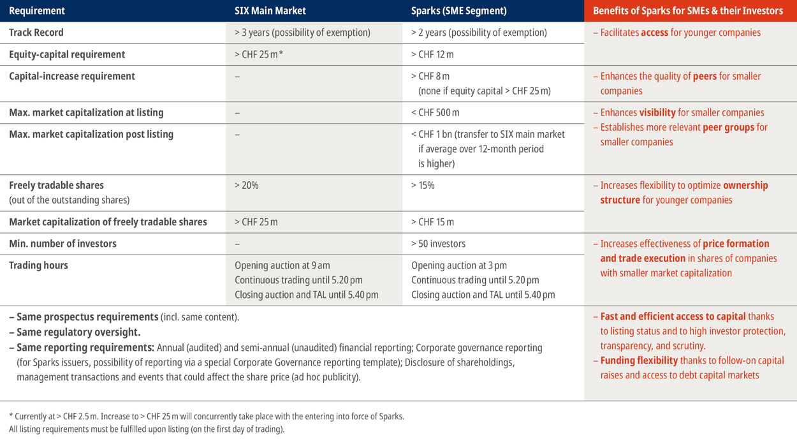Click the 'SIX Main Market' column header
click(x=270, y=11)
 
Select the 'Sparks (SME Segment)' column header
click(x=459, y=11)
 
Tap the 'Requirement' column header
click(x=37, y=11)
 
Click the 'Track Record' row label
click(x=36, y=33)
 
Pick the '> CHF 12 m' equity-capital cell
click(x=432, y=54)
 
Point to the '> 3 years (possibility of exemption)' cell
click(x=302, y=33)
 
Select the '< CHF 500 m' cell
click(x=435, y=112)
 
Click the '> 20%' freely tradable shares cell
click(x=246, y=185)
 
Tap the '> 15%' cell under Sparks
click(x=423, y=185)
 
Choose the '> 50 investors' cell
click(x=439, y=244)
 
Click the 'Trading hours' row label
click(x=38, y=265)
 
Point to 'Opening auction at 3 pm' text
click(x=459, y=265)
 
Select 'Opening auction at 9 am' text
click(x=282, y=265)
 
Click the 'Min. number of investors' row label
click(x=62, y=244)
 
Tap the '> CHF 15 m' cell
click(x=432, y=222)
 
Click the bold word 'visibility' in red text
click(x=657, y=112)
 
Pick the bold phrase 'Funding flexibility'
click(x=639, y=361)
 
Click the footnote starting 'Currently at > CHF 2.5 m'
click(x=207, y=416)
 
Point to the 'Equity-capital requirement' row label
click(x=67, y=54)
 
